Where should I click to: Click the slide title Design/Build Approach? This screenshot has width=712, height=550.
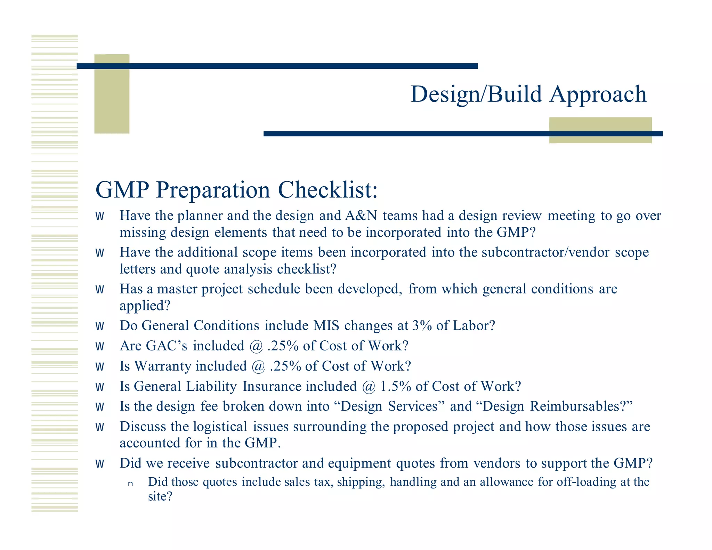click(x=528, y=95)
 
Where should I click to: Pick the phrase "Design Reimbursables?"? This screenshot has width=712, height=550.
click(x=557, y=406)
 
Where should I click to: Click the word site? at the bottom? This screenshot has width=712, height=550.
click(x=160, y=496)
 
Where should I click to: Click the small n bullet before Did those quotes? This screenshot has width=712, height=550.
click(x=130, y=484)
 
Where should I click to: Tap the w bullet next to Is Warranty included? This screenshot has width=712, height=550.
click(x=100, y=367)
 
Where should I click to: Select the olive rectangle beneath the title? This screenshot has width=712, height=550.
click(x=600, y=130)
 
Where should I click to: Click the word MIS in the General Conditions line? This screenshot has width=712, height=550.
click(x=326, y=326)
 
